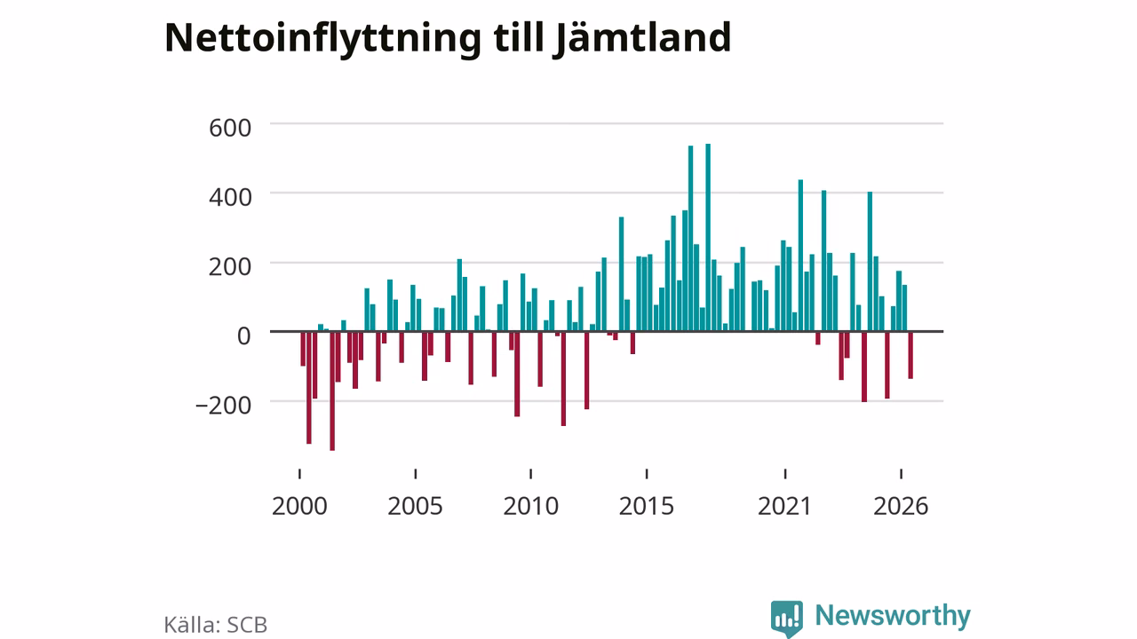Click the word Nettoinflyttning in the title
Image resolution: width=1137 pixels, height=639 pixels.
coord(322,38)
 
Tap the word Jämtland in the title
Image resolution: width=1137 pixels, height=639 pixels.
coord(641,38)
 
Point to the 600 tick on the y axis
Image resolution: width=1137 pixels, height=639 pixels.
coord(230,128)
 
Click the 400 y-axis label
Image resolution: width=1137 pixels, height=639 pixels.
coord(230,197)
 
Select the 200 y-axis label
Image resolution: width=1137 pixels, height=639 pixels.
coord(230,267)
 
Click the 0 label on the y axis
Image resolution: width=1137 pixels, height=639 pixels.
coord(244,335)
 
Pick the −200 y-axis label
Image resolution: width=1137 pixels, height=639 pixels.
coord(223,406)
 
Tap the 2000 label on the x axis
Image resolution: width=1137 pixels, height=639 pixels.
coord(299,506)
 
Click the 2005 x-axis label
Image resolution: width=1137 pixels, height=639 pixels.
coord(415,506)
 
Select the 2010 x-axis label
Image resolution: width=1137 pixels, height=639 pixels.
coord(531,506)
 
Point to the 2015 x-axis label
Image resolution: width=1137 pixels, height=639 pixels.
coord(647,506)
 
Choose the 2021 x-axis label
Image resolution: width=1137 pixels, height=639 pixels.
coord(784,506)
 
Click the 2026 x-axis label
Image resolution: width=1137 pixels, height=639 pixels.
coord(901,506)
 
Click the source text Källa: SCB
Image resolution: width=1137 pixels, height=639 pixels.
coord(216,624)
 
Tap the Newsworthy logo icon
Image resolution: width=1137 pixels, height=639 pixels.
coord(787,619)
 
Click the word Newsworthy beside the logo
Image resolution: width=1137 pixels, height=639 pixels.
coord(893,615)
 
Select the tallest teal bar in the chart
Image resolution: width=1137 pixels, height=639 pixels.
coord(708,237)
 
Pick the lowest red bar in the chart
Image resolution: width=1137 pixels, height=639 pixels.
coord(332,391)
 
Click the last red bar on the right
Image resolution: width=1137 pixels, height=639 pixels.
coord(910,355)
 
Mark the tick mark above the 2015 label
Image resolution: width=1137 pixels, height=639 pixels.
coord(647,474)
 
